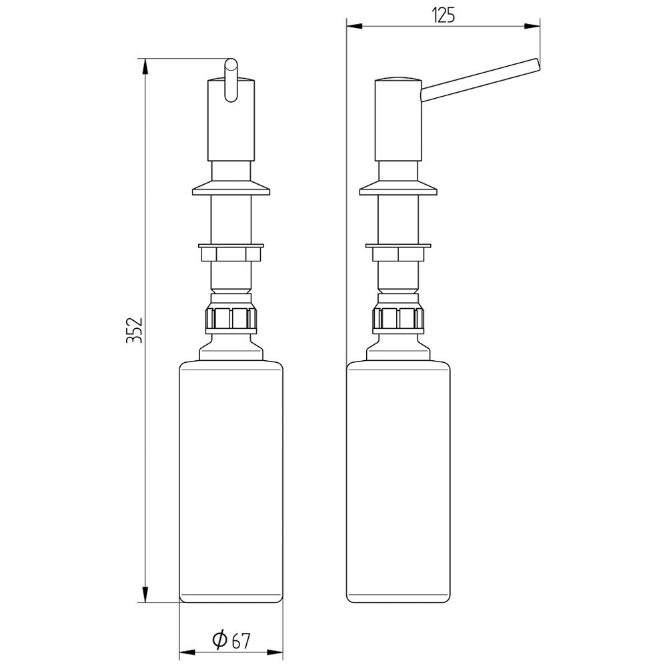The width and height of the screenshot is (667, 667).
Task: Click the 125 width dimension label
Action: coord(444,15)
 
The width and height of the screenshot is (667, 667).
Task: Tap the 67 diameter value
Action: coord(241,641)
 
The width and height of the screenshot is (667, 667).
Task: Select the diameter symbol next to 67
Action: coord(220,639)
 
